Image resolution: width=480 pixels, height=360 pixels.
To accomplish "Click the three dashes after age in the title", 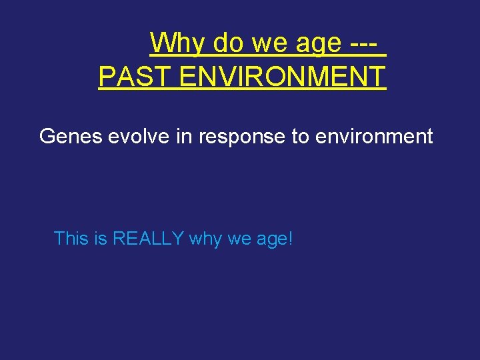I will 365,44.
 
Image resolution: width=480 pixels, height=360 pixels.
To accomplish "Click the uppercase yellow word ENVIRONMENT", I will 283,77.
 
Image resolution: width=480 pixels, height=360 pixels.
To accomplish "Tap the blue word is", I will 101,238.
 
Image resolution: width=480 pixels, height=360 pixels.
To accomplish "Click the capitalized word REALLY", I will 148,238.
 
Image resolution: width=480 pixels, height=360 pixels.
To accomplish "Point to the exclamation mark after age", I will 290,238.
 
